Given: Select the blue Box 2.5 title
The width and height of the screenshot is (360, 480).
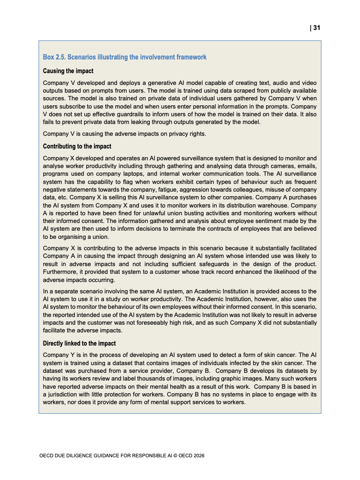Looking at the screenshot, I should [125, 57].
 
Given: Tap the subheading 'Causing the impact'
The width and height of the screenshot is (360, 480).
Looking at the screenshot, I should [68, 71].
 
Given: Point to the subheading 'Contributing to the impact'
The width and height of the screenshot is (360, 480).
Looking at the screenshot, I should [77, 146].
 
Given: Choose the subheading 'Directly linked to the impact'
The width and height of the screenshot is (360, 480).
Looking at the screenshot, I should [79, 343].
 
